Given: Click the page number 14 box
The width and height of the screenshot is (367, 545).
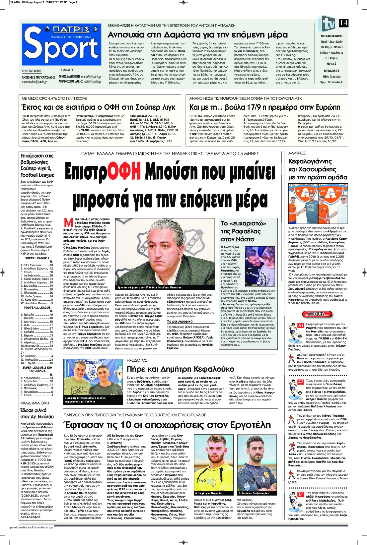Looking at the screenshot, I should tap(343, 23).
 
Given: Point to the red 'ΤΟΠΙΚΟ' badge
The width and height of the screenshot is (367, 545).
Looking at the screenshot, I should tap(316, 314).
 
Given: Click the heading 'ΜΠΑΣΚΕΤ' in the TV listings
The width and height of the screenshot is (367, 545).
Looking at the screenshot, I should tap(331, 71).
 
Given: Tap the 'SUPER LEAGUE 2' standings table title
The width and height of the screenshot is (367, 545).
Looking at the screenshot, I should tap(37, 258).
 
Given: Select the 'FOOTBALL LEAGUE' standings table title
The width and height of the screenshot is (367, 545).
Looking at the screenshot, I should tap(37, 308).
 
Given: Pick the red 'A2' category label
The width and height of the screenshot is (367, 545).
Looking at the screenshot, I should tap(300, 382).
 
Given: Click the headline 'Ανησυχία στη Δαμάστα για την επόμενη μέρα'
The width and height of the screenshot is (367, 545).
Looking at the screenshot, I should tap(198, 35).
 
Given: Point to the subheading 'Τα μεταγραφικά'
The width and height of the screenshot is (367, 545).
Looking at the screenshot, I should tap(180, 321).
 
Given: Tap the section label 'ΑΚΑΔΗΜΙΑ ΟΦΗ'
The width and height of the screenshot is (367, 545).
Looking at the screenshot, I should tap(35, 403).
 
